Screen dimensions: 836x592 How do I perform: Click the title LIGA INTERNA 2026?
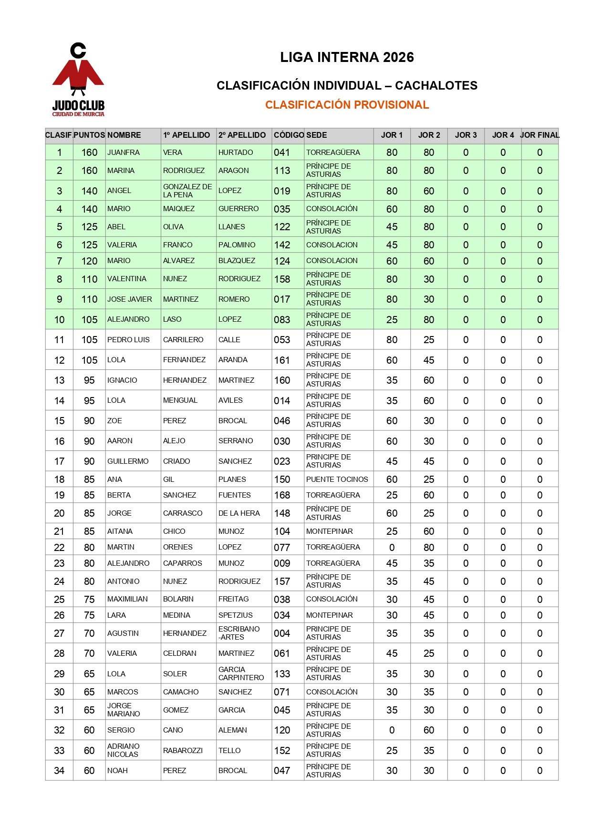point(347,58)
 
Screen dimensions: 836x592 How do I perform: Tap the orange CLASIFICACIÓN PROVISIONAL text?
point(347,105)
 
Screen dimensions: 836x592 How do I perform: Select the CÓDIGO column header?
point(288,135)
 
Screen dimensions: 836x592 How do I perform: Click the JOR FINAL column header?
point(540,135)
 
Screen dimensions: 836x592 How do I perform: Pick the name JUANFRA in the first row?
point(124,153)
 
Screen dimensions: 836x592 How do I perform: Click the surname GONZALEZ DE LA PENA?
point(187,191)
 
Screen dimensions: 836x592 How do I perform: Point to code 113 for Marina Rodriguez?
point(282,171)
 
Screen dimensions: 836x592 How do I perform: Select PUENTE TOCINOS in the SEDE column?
point(337,479)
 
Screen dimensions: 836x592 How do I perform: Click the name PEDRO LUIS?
point(128,340)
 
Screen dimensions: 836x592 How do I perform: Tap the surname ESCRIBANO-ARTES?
point(239,633)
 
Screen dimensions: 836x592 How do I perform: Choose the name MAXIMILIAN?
point(127,599)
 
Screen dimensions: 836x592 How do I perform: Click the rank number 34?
point(59,771)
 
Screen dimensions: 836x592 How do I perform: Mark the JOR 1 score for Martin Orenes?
point(392,548)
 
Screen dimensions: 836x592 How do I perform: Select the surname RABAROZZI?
point(183,751)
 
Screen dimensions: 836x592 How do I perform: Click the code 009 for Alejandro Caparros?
point(282,563)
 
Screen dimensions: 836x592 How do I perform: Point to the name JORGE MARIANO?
point(124,710)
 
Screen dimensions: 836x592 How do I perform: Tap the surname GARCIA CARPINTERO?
point(241,673)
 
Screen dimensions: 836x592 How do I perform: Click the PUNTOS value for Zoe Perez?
point(89,421)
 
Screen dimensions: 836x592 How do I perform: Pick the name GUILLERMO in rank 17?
point(128,461)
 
